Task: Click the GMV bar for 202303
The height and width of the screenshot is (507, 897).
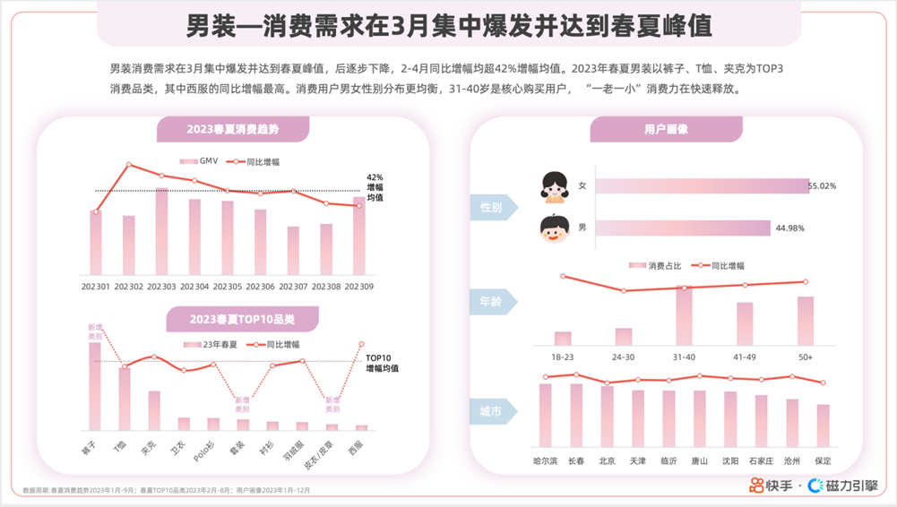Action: pos(161,232)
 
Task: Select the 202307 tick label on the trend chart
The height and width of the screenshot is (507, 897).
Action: pos(293,287)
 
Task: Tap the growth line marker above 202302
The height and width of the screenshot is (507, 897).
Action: pos(129,165)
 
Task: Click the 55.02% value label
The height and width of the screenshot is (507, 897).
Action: pos(822,186)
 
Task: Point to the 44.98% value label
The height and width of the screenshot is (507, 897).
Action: pos(789,228)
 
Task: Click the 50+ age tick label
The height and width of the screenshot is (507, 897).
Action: pos(805,357)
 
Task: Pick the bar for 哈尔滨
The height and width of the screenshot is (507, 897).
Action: pos(545,414)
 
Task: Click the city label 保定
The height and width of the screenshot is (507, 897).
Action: pos(823,460)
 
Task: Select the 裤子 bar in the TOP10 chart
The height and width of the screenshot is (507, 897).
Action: pos(95,386)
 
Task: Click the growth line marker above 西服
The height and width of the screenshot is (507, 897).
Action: pos(362,345)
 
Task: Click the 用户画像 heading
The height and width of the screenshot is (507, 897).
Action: pos(666,130)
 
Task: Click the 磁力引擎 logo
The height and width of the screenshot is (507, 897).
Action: pos(843,486)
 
